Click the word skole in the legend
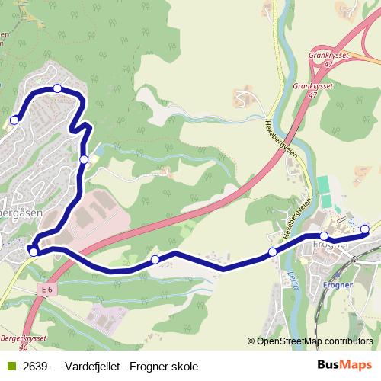click(184, 367)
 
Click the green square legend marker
click(10, 367)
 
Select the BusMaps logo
click(345, 365)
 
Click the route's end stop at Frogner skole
click(364, 229)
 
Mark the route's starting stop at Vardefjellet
click(14, 120)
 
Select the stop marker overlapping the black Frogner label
click(324, 236)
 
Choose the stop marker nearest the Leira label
click(273, 252)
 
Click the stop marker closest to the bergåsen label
click(34, 251)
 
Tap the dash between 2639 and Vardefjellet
click(56, 367)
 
